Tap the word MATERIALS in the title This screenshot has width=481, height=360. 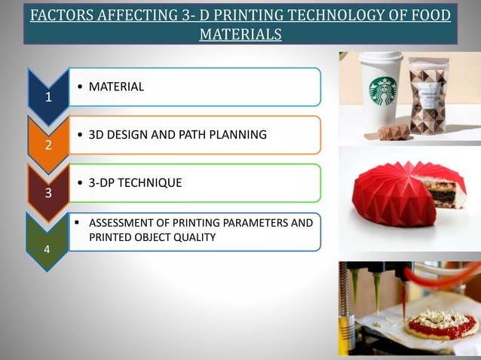pyautogui.click(x=240, y=34)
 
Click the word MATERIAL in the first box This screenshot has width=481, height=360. pyautogui.click(x=116, y=87)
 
